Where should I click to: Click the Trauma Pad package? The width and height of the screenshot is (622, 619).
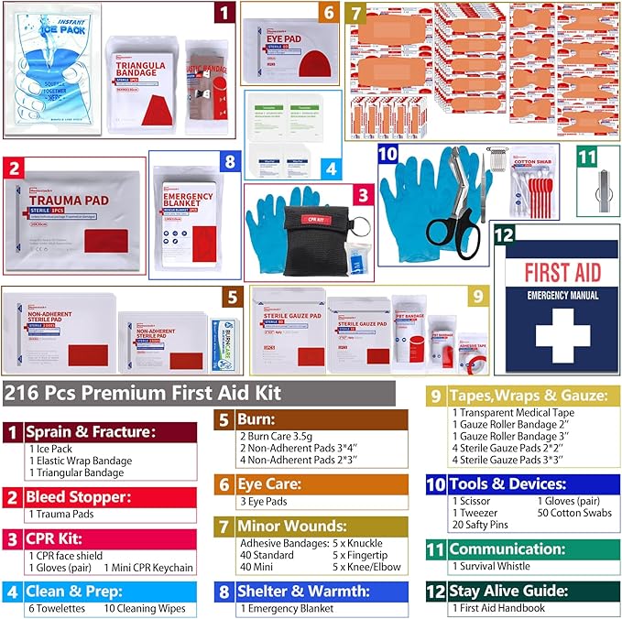[x=73, y=218]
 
